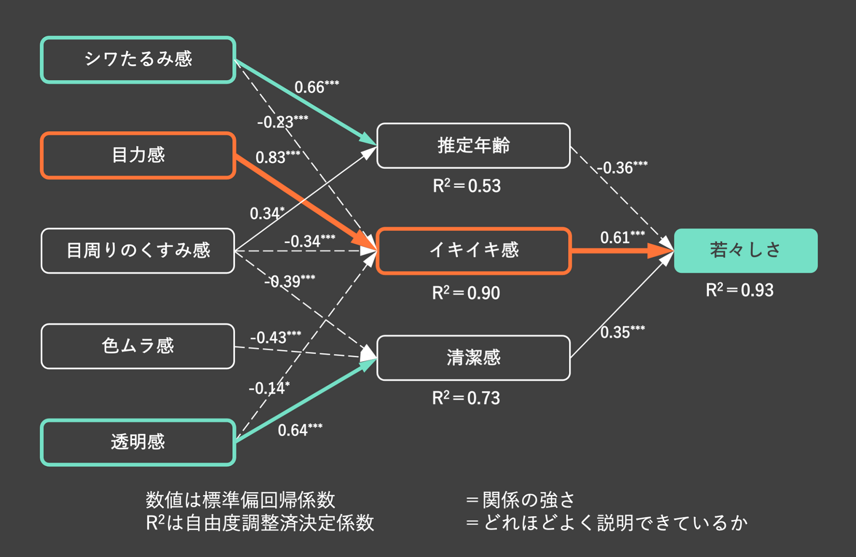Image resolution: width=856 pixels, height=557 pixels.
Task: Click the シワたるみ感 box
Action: (x=138, y=60)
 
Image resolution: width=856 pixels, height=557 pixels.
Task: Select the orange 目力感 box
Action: (x=138, y=155)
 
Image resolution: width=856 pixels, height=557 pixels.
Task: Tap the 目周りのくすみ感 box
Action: (x=138, y=250)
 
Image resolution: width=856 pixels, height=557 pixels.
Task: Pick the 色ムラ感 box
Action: (x=138, y=346)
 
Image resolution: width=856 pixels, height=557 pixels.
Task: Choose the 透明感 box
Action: (x=138, y=442)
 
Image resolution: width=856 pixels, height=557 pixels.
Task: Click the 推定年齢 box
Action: (x=473, y=145)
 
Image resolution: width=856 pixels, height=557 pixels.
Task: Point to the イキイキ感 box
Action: (x=473, y=250)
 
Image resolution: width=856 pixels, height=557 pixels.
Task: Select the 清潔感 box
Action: (x=473, y=358)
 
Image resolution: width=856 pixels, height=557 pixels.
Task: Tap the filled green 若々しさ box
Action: (x=745, y=250)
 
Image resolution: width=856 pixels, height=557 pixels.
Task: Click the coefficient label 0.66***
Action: (x=316, y=87)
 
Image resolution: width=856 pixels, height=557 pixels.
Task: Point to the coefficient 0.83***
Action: (x=278, y=157)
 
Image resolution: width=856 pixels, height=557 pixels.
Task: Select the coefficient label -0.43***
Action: (x=275, y=338)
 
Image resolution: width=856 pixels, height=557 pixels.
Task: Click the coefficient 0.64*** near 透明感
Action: (x=300, y=430)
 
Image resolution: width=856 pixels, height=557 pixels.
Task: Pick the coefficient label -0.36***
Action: (x=622, y=167)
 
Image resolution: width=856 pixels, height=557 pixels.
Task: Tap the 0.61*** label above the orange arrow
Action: (x=622, y=238)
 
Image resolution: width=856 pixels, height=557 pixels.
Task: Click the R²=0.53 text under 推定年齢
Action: (x=467, y=186)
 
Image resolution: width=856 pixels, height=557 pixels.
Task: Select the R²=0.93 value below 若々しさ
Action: (x=739, y=290)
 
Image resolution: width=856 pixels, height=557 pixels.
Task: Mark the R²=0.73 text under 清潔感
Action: (x=466, y=398)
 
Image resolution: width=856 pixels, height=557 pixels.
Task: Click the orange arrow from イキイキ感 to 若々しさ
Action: (x=617, y=251)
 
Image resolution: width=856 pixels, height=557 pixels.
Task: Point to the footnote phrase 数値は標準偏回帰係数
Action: (x=240, y=500)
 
